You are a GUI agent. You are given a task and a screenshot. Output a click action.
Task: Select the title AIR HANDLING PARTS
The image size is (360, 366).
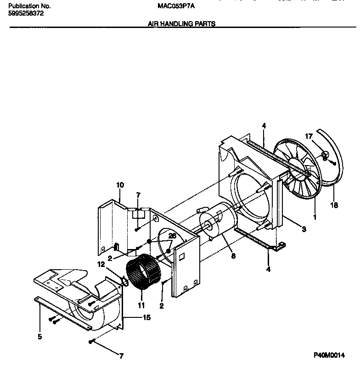(x=181, y=23)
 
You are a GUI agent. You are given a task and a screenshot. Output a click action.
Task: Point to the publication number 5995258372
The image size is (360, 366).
(x=27, y=14)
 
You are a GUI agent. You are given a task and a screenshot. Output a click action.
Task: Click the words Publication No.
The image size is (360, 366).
(x=29, y=6)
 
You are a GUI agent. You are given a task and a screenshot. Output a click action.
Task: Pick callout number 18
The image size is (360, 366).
(x=334, y=205)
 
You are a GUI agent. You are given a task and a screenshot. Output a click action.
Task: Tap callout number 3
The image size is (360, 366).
(x=304, y=229)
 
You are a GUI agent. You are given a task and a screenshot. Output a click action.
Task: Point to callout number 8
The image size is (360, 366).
(x=233, y=255)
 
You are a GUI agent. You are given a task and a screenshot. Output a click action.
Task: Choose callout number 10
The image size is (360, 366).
(x=120, y=185)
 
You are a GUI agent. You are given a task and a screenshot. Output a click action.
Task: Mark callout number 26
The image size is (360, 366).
(x=172, y=236)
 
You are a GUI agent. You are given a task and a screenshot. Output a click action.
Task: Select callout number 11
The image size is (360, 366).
(x=142, y=305)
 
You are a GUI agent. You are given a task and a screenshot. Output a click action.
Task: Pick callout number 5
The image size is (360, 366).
(x=39, y=337)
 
